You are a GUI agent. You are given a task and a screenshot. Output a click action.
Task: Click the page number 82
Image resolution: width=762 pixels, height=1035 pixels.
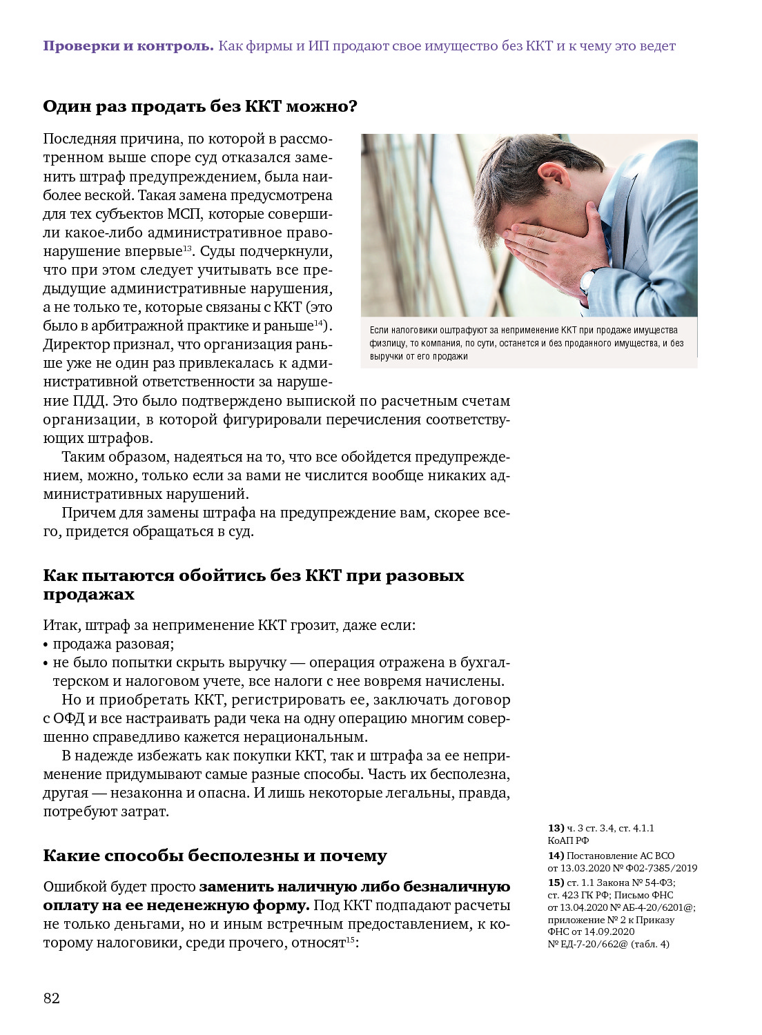point(52,998)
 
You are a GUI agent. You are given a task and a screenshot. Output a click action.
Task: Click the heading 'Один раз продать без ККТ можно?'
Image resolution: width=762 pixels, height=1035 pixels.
point(200,106)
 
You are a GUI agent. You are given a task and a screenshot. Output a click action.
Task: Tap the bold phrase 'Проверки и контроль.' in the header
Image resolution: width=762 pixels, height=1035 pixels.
point(128,46)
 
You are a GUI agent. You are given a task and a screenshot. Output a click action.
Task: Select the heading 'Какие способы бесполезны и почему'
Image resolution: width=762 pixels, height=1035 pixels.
point(215,856)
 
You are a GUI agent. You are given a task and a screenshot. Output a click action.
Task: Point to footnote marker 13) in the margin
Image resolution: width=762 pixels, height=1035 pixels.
point(556,828)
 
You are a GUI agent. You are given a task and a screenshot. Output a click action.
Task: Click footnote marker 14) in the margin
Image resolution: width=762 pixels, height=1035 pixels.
point(556,856)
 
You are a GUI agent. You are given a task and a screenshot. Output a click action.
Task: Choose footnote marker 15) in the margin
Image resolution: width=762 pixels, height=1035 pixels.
point(556,883)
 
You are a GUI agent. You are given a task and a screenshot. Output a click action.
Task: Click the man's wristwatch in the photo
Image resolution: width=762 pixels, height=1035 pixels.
point(587,280)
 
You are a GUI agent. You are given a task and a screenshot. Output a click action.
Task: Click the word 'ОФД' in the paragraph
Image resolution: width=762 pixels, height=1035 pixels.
point(69,718)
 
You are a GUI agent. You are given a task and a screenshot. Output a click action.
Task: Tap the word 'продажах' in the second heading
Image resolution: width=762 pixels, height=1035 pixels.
point(88,595)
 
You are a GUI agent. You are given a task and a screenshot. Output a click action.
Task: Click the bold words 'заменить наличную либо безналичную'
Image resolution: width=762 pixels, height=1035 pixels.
point(355,887)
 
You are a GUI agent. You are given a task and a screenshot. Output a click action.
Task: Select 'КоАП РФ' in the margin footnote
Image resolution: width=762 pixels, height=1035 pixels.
point(568,840)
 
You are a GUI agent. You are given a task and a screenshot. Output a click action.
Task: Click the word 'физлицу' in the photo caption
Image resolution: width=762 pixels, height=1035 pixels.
point(387,343)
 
